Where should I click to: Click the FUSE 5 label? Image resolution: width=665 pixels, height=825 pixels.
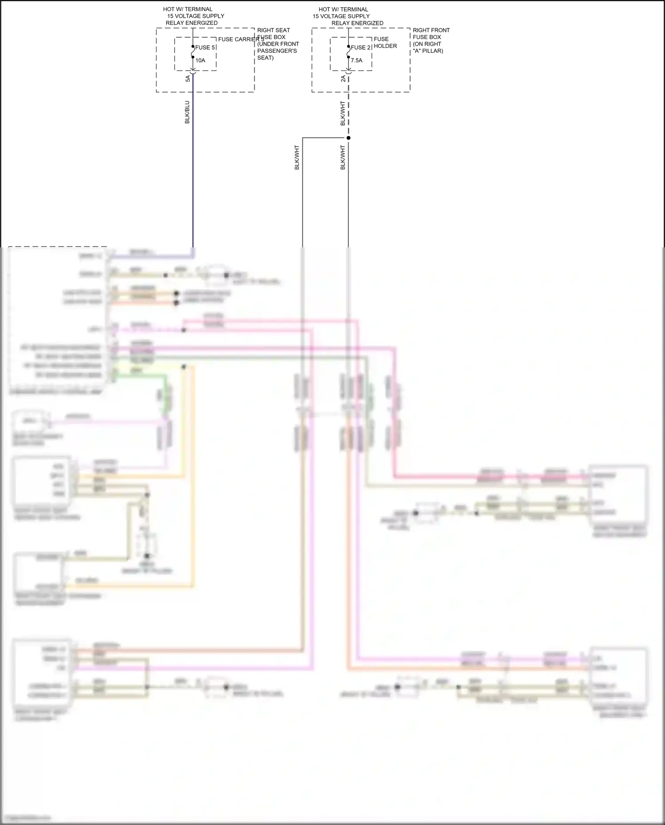205,47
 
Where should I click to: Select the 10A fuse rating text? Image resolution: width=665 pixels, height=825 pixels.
200,60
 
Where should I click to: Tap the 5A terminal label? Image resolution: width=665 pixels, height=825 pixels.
188,78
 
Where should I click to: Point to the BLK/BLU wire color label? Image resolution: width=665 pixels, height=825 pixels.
187,112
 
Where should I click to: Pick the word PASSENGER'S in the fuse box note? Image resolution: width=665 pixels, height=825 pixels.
277,51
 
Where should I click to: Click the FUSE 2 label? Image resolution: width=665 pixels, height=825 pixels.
360,47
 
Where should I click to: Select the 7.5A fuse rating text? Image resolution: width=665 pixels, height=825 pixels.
356,60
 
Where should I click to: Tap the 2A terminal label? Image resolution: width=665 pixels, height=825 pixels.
343,78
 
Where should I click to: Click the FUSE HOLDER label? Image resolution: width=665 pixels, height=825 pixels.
385,43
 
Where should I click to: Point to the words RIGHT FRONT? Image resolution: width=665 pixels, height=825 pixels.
431,30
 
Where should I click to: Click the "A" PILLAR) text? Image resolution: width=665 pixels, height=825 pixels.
428,51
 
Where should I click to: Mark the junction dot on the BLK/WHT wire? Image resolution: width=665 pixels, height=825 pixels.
348,138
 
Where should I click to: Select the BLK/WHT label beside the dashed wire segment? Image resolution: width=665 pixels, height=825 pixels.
343,113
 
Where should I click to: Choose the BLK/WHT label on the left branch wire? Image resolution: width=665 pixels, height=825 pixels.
297,157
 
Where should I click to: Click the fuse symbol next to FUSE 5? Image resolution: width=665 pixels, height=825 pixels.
193,54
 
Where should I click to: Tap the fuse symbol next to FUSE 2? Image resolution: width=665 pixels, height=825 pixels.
348,54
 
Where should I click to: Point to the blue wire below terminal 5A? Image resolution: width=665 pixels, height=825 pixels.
193,177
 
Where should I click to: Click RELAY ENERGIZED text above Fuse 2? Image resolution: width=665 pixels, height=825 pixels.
357,23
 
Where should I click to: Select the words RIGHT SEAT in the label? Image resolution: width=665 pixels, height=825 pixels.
274,30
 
